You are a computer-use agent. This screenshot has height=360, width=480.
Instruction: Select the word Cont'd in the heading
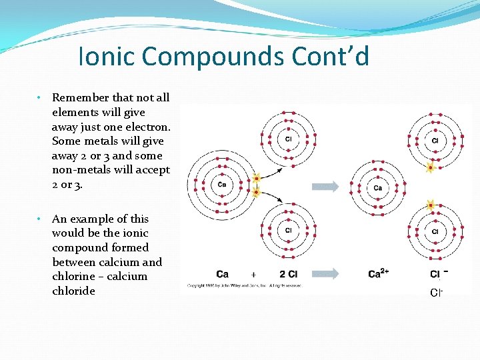pos(331,57)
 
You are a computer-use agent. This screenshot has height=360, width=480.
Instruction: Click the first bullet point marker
pos(40,97)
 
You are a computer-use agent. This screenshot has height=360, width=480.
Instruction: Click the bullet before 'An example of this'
pos(40,219)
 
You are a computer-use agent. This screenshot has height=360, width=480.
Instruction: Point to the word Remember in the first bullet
pos(80,97)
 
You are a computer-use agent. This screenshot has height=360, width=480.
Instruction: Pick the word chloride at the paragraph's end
pos(73,291)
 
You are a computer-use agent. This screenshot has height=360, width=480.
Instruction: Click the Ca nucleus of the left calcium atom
pos(221,185)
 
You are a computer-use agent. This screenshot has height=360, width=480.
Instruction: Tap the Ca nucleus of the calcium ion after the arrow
pos(377,187)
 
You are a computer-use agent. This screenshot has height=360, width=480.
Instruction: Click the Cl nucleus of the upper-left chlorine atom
pos(288,139)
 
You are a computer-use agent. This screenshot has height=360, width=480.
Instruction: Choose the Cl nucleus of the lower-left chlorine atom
pos(288,231)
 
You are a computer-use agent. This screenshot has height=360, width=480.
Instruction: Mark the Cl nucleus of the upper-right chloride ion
pos(435,141)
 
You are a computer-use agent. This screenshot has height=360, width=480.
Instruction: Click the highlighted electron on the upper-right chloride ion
pos(431,168)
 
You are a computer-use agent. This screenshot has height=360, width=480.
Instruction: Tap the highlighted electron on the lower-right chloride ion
pos(430,204)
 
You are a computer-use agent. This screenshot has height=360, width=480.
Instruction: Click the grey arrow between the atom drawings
pos(325,187)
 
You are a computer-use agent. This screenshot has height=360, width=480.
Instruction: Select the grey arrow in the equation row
pos(325,273)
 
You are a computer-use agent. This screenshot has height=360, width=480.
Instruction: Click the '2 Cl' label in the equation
pos(288,274)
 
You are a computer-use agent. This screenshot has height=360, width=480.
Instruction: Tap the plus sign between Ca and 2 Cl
pos(253,274)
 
